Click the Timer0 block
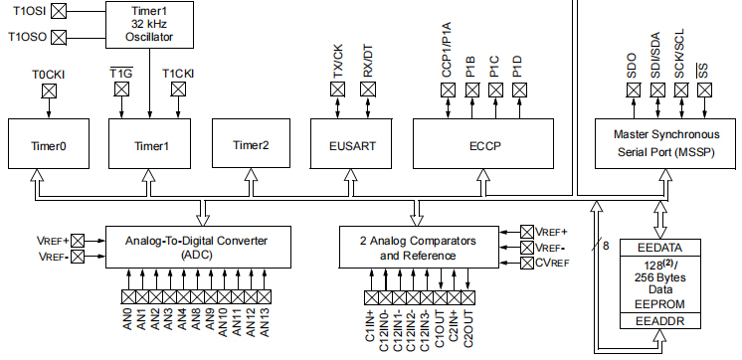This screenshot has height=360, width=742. click(49, 145)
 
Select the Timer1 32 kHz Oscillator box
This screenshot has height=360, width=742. click(148, 23)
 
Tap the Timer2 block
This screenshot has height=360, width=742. click(251, 145)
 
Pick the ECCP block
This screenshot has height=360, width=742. click(484, 145)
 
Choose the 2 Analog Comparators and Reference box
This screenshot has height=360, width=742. click(417, 247)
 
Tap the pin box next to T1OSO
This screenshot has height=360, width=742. click(59, 38)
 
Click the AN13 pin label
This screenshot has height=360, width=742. click(266, 325)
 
